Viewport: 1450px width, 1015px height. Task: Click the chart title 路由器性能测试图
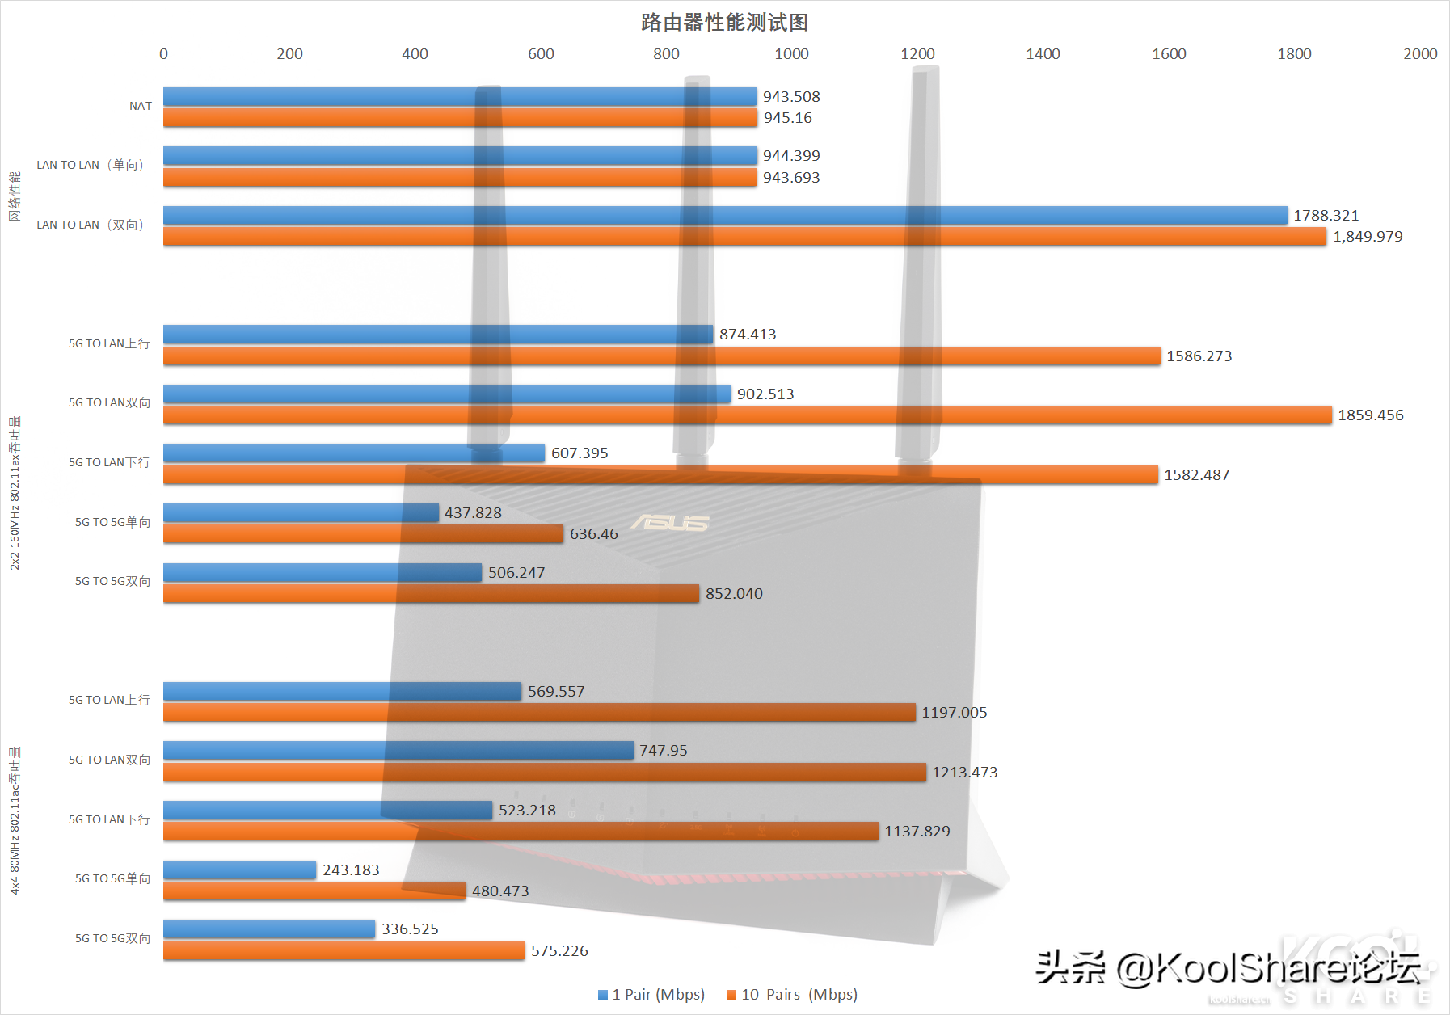724,22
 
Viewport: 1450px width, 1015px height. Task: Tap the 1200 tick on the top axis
917,54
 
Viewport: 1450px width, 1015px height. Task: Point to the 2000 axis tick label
1419,54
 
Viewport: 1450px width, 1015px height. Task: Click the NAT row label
141,106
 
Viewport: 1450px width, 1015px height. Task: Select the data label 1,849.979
1368,237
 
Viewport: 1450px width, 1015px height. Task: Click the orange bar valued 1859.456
747,415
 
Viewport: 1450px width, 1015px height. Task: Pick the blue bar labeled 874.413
437,334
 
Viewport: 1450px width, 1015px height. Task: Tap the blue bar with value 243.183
239,870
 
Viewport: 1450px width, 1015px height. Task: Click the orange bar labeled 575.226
344,951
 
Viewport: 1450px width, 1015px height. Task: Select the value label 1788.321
1326,216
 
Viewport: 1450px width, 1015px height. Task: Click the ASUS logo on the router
670,523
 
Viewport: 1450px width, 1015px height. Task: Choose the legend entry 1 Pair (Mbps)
651,995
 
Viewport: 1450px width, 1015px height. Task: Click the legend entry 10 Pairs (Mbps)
792,995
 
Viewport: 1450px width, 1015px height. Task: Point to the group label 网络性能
15,196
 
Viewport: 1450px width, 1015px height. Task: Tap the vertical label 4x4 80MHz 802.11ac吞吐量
15,820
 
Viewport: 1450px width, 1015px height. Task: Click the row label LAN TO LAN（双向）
90,225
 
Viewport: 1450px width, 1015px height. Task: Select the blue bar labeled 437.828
301,512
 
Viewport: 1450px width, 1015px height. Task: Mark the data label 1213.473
964,773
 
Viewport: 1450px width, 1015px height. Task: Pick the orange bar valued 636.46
363,534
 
